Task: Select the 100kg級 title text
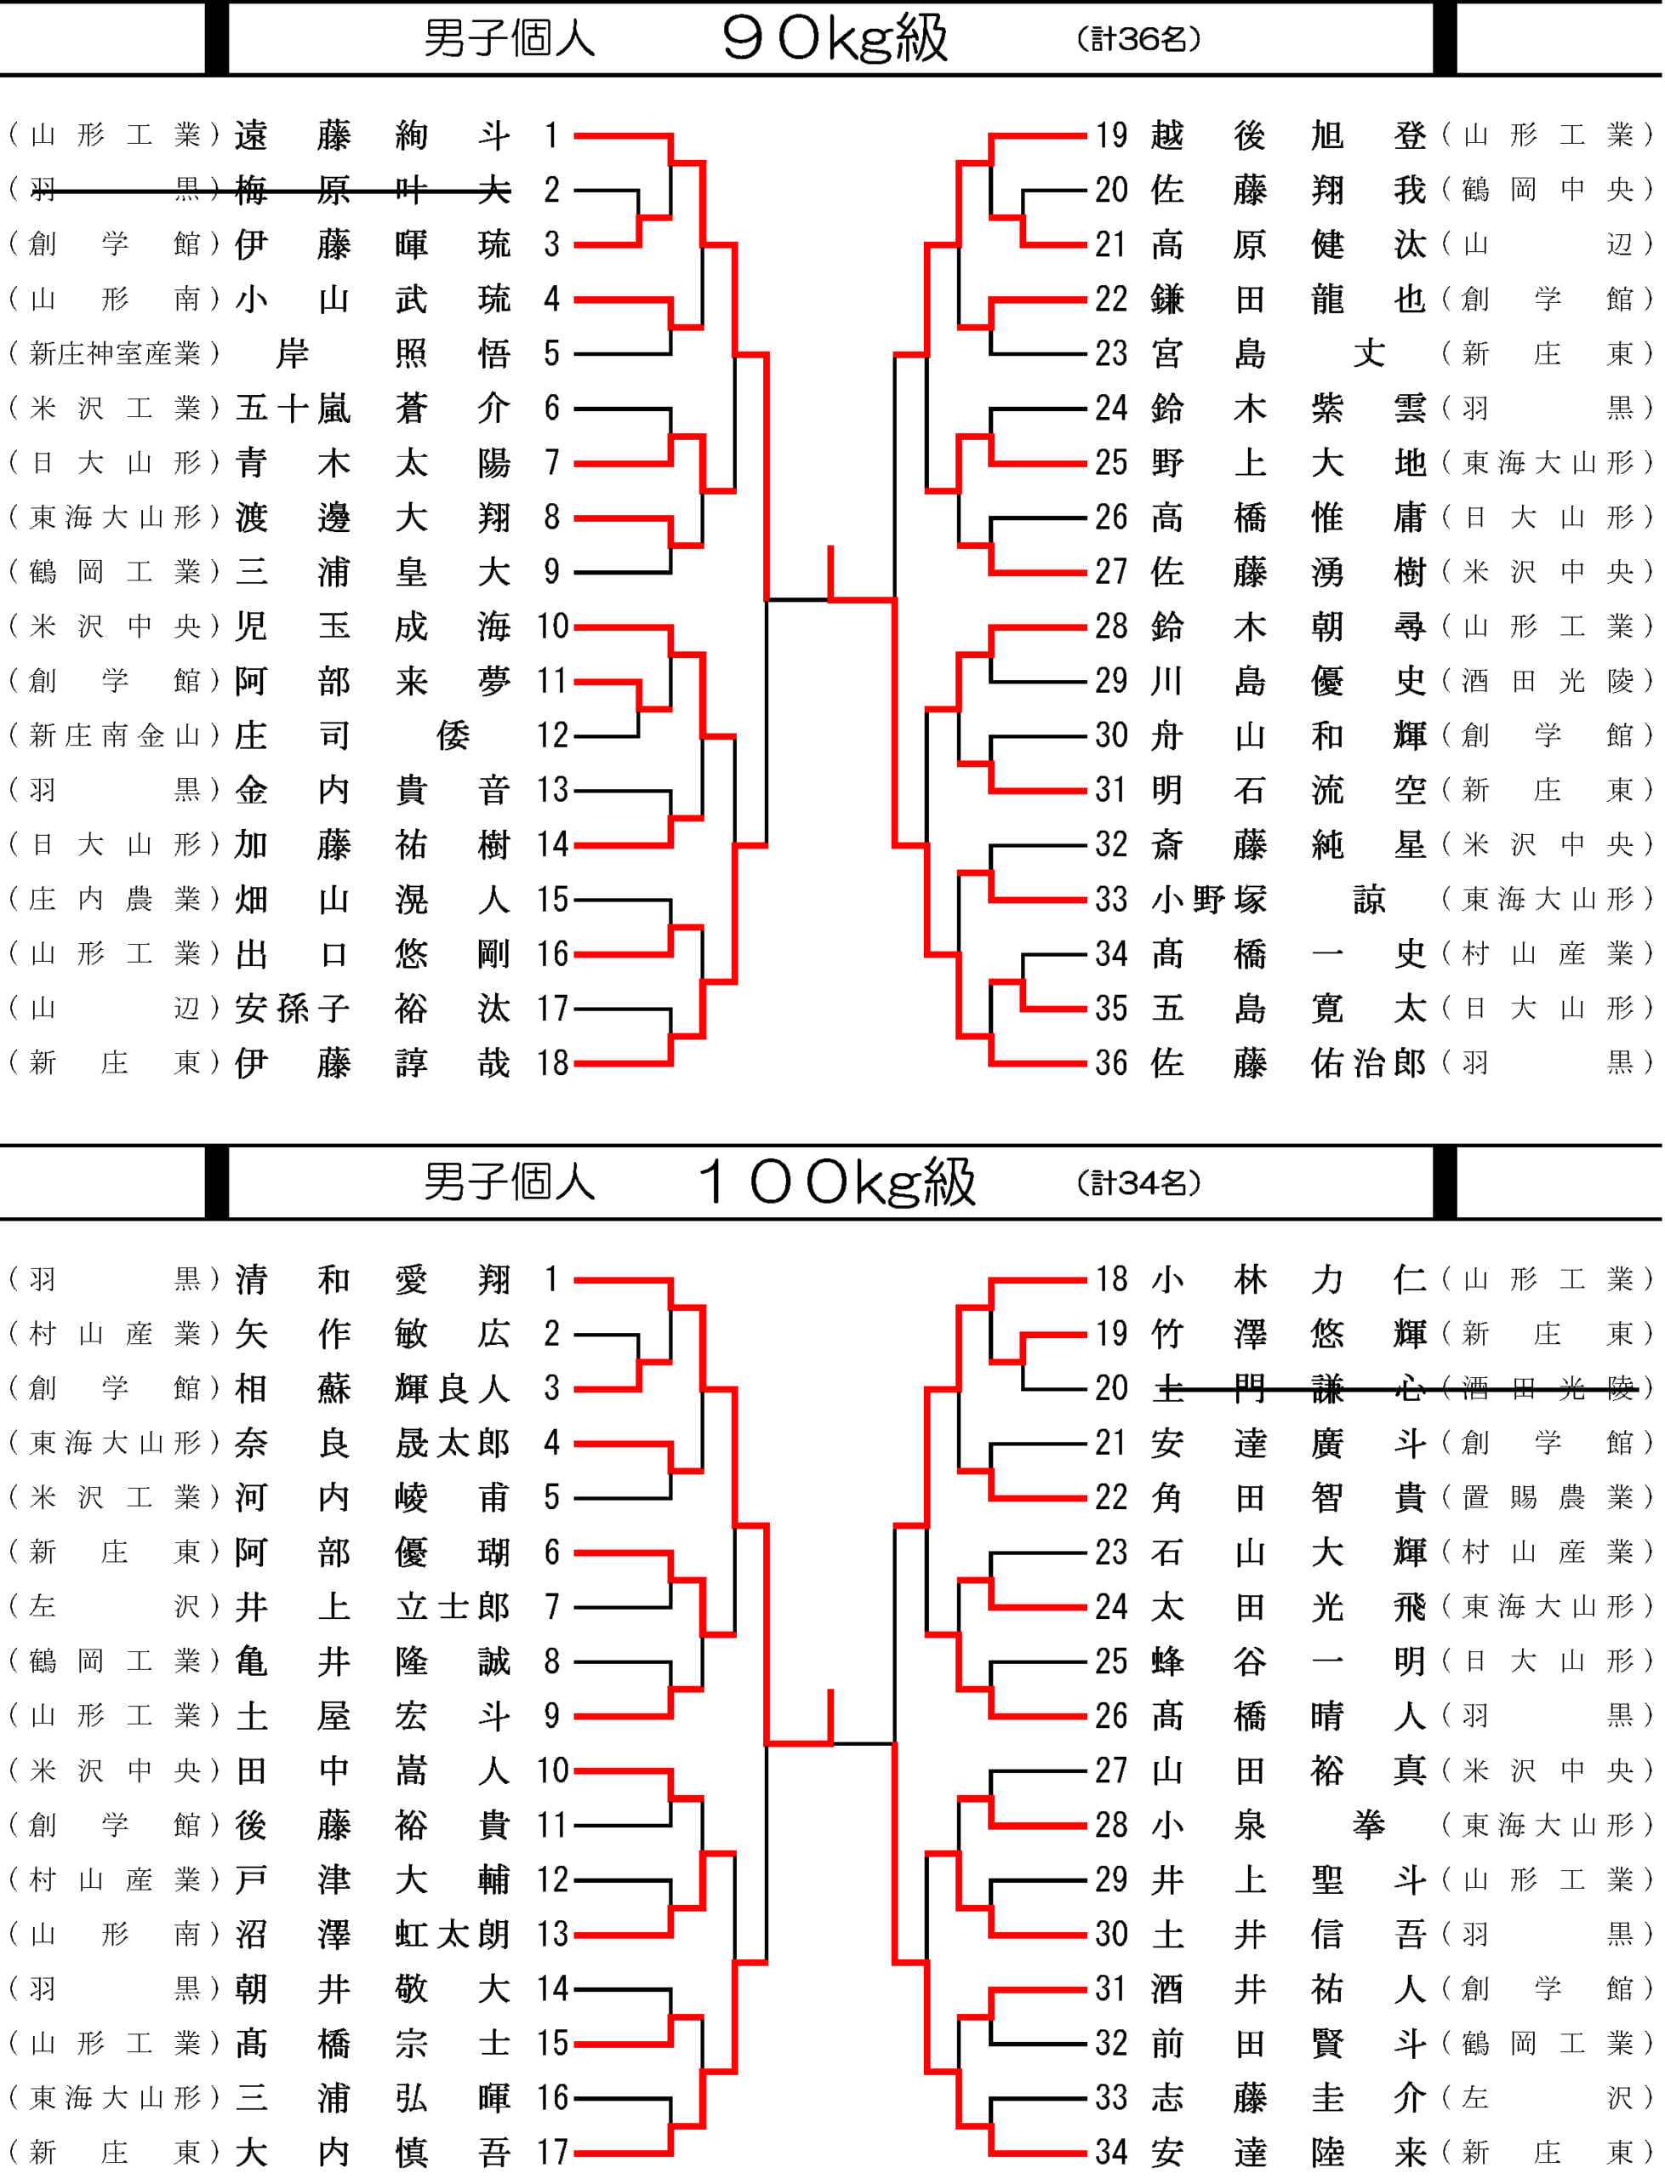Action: tap(837, 1181)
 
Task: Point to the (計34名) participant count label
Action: tap(1138, 1181)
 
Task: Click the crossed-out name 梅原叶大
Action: tap(373, 189)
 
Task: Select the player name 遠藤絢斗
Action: tap(373, 134)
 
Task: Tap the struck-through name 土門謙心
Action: tap(1288, 1388)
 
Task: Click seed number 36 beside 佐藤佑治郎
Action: tap(1111, 1063)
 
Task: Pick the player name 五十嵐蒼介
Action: tap(373, 408)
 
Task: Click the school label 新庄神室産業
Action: tap(115, 353)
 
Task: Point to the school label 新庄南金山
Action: tap(115, 735)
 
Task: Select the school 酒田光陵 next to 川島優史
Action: tap(1547, 680)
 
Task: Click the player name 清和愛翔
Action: tap(373, 1278)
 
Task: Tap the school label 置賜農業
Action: tap(1547, 1497)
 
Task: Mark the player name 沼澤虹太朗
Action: tap(373, 1933)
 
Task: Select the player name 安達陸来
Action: tap(1288, 2151)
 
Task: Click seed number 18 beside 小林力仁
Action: tap(1111, 1278)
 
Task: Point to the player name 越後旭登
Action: tap(1288, 134)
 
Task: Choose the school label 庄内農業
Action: tap(115, 899)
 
